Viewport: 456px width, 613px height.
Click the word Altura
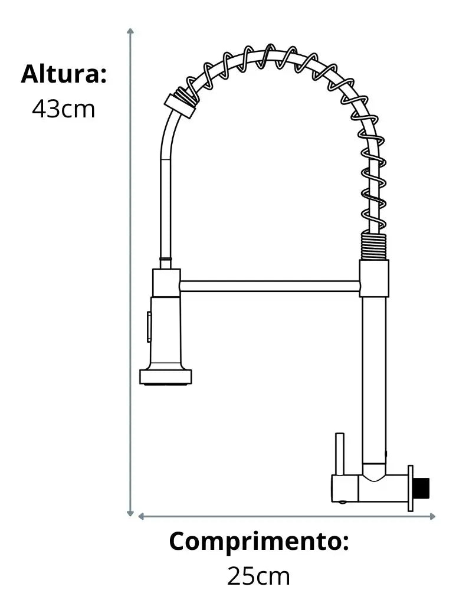pyautogui.click(x=63, y=74)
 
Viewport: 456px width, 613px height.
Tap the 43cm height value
pyautogui.click(x=63, y=109)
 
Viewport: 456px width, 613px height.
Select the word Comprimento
pyautogui.click(x=258, y=542)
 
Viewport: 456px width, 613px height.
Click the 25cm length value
pyautogui.click(x=258, y=576)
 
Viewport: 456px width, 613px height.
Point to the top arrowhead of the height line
pyautogui.click(x=130, y=31)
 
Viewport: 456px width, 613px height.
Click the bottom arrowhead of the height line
pyautogui.click(x=130, y=513)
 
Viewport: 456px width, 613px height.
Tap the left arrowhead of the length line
pyautogui.click(x=142, y=516)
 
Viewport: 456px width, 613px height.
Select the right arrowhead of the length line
pyautogui.click(x=432, y=516)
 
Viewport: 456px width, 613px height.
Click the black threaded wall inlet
pyautogui.click(x=422, y=489)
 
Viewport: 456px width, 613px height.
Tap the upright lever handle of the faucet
pyautogui.click(x=340, y=454)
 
